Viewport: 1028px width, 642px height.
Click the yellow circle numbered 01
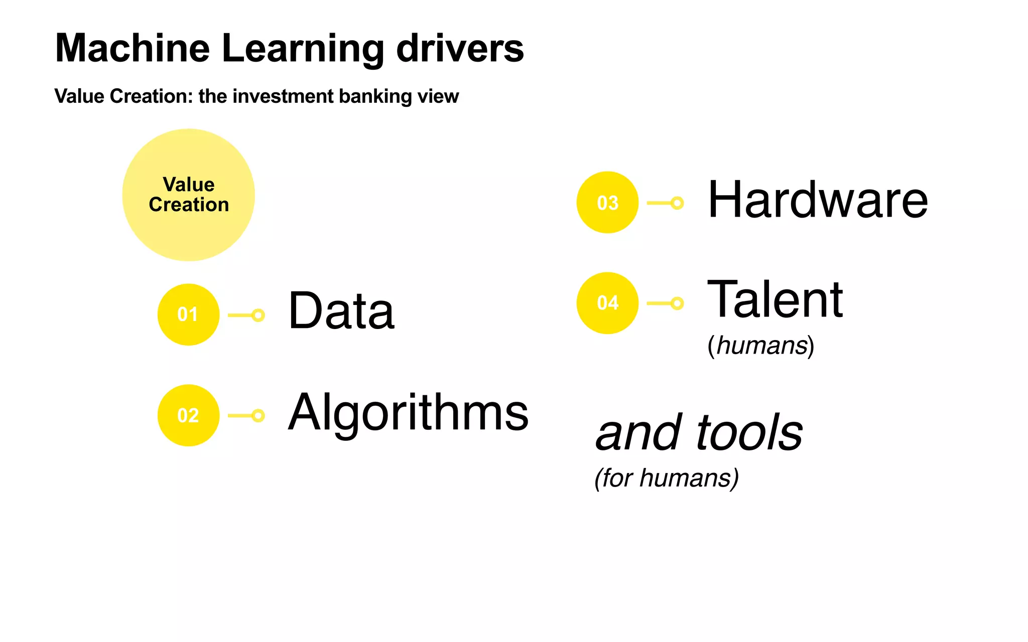(188, 314)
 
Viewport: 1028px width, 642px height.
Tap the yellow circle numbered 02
(188, 415)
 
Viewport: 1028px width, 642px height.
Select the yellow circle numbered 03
(607, 203)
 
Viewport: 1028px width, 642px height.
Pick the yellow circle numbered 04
(607, 303)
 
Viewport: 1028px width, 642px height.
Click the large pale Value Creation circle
(189, 195)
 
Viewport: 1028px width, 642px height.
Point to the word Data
(341, 311)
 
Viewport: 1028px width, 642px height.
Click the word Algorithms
(408, 413)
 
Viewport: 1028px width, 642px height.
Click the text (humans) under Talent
(761, 346)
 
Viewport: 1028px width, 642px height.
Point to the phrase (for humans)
(667, 478)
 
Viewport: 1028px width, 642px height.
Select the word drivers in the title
(460, 48)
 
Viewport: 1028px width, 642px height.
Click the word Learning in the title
(303, 49)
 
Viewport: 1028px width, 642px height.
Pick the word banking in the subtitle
(375, 96)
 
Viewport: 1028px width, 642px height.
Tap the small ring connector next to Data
(258, 315)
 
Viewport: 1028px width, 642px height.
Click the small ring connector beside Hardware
(677, 203)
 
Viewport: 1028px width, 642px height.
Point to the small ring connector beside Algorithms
(258, 415)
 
